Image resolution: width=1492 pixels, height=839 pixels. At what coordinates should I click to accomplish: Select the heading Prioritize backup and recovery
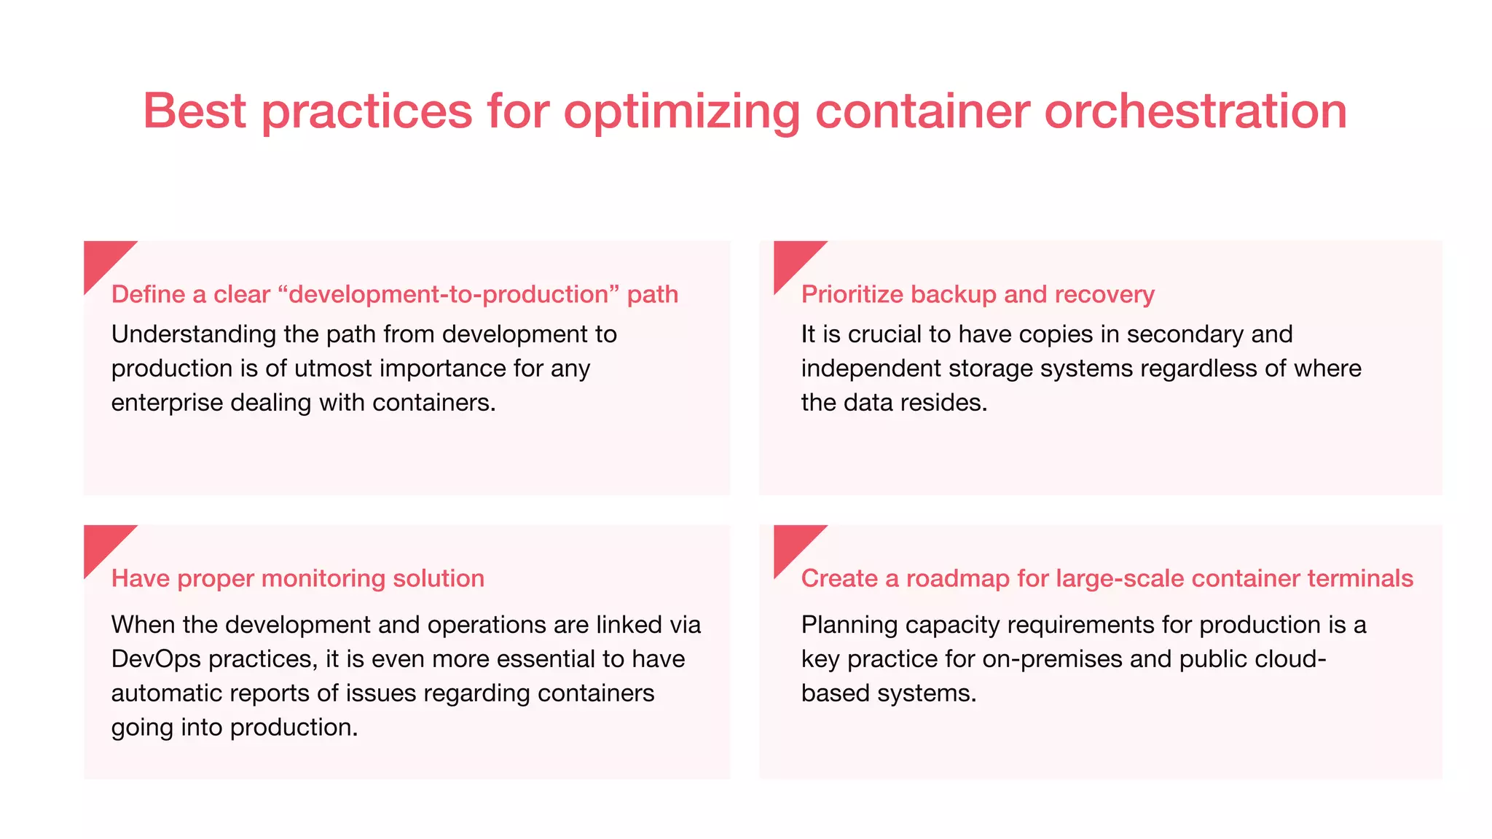978,294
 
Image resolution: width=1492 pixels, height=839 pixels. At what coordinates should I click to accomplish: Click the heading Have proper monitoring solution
297,578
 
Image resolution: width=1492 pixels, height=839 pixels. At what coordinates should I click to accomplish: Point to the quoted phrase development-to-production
448,294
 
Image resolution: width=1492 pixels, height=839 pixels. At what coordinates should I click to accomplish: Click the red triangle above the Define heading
102,259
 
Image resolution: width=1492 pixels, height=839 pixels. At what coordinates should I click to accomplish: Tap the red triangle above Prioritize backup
792,259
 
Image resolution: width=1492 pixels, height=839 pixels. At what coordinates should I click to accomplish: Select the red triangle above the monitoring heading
102,543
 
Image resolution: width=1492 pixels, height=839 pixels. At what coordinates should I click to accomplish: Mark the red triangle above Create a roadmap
792,543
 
